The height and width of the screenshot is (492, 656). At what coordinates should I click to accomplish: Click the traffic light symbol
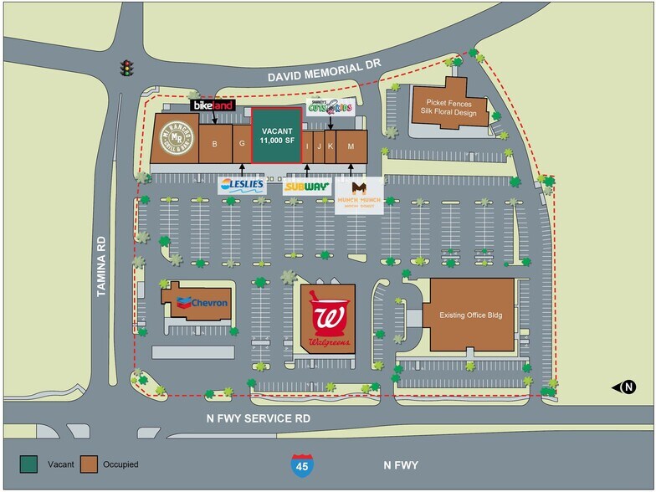[x=127, y=67]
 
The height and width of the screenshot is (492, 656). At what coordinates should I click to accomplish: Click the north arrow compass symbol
[x=628, y=387]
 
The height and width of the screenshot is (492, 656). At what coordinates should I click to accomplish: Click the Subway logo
[x=306, y=187]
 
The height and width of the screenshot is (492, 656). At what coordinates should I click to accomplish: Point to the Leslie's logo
[x=242, y=185]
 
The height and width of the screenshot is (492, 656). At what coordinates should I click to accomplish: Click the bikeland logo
[x=213, y=106]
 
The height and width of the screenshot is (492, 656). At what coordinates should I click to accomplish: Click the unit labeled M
[x=351, y=146]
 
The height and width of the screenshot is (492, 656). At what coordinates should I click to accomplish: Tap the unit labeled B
[x=215, y=145]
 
